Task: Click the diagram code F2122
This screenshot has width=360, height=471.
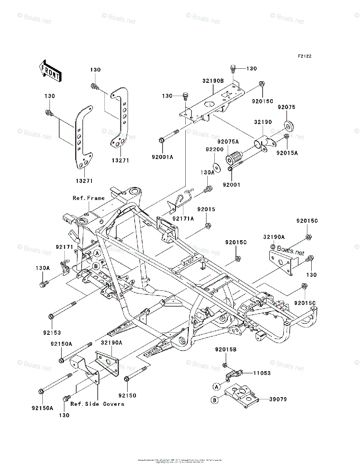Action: pos(304,56)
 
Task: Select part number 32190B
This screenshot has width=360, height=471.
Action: pos(213,80)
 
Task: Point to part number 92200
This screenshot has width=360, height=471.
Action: pos(214,150)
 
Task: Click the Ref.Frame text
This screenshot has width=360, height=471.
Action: pos(89,198)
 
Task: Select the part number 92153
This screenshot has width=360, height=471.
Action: pos(52,333)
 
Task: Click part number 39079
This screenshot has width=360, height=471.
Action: pos(278,399)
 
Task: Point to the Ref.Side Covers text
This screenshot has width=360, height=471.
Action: pos(97,404)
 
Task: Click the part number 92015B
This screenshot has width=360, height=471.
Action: pos(225,349)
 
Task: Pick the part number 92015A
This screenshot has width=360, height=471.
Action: pos(287,153)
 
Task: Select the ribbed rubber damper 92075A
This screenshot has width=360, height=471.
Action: pos(232,158)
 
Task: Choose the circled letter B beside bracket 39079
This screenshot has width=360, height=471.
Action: pos(215,400)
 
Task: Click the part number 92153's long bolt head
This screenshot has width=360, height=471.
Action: pos(51,316)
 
